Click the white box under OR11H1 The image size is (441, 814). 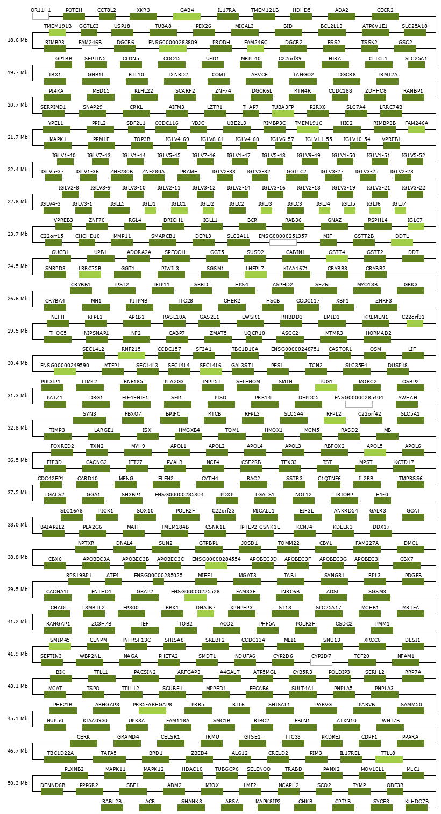(x=40, y=17)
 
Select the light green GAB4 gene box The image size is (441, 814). (x=187, y=17)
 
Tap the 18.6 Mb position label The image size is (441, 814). (x=17, y=40)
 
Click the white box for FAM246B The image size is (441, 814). (x=90, y=49)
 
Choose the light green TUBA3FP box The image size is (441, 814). (x=282, y=114)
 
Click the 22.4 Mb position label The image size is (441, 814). (x=17, y=170)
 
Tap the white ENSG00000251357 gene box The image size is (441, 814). (x=283, y=243)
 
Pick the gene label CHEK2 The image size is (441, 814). (x=232, y=300)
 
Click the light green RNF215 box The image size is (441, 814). (x=131, y=356)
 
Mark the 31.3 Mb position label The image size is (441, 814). (x=17, y=396)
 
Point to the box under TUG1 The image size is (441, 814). (x=326, y=388)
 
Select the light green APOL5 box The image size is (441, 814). (x=375, y=453)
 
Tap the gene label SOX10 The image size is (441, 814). (x=145, y=510)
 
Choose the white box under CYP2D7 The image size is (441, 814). (x=321, y=663)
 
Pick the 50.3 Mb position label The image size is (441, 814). (x=17, y=783)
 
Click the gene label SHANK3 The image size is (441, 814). (x=191, y=801)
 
